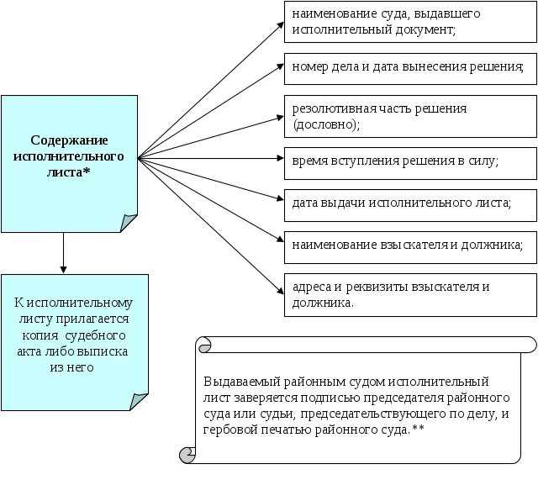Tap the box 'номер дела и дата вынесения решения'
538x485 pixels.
coord(409,66)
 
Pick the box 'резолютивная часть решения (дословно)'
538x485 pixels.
coord(409,115)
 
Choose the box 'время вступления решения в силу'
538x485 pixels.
coord(409,160)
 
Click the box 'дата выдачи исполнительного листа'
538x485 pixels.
coord(409,203)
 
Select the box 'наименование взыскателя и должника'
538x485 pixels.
coord(409,245)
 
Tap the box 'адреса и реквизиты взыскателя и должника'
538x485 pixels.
coord(409,293)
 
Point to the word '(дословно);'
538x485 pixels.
coord(325,124)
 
